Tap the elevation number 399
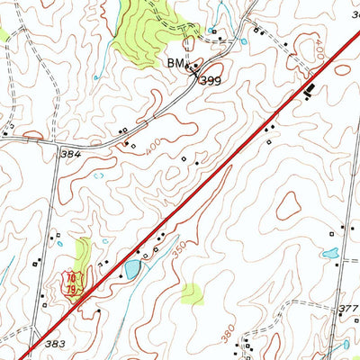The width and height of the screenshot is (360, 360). [210, 80]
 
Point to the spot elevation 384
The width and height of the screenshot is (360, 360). [71, 154]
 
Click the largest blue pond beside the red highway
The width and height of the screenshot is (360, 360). [133, 268]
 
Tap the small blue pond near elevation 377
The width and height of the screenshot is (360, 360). [330, 255]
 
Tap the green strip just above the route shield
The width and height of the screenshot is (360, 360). [84, 253]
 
